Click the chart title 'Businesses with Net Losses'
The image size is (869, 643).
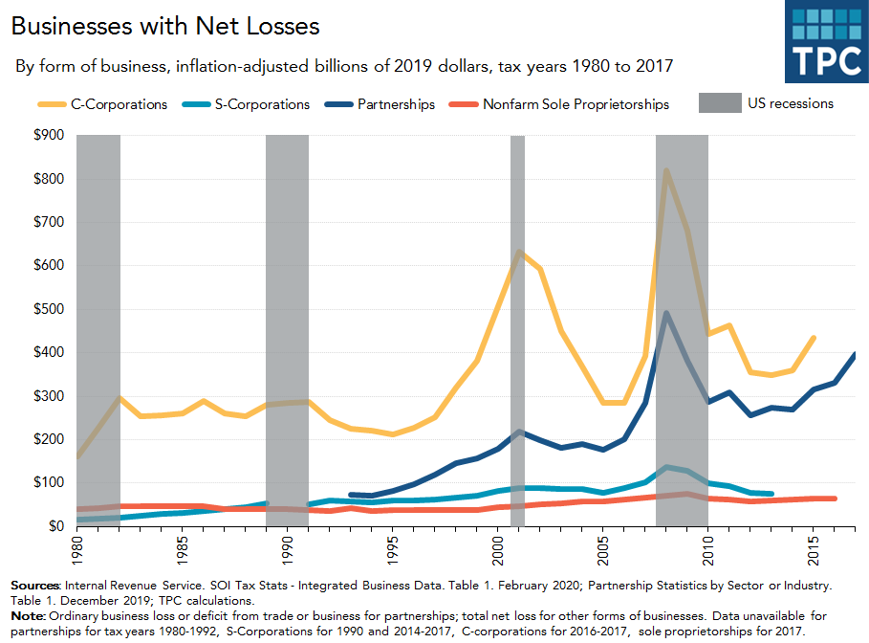coord(164,26)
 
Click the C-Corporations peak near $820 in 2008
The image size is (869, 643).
coord(665,170)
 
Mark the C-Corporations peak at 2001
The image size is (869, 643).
coord(518,252)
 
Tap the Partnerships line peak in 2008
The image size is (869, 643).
coord(665,313)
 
